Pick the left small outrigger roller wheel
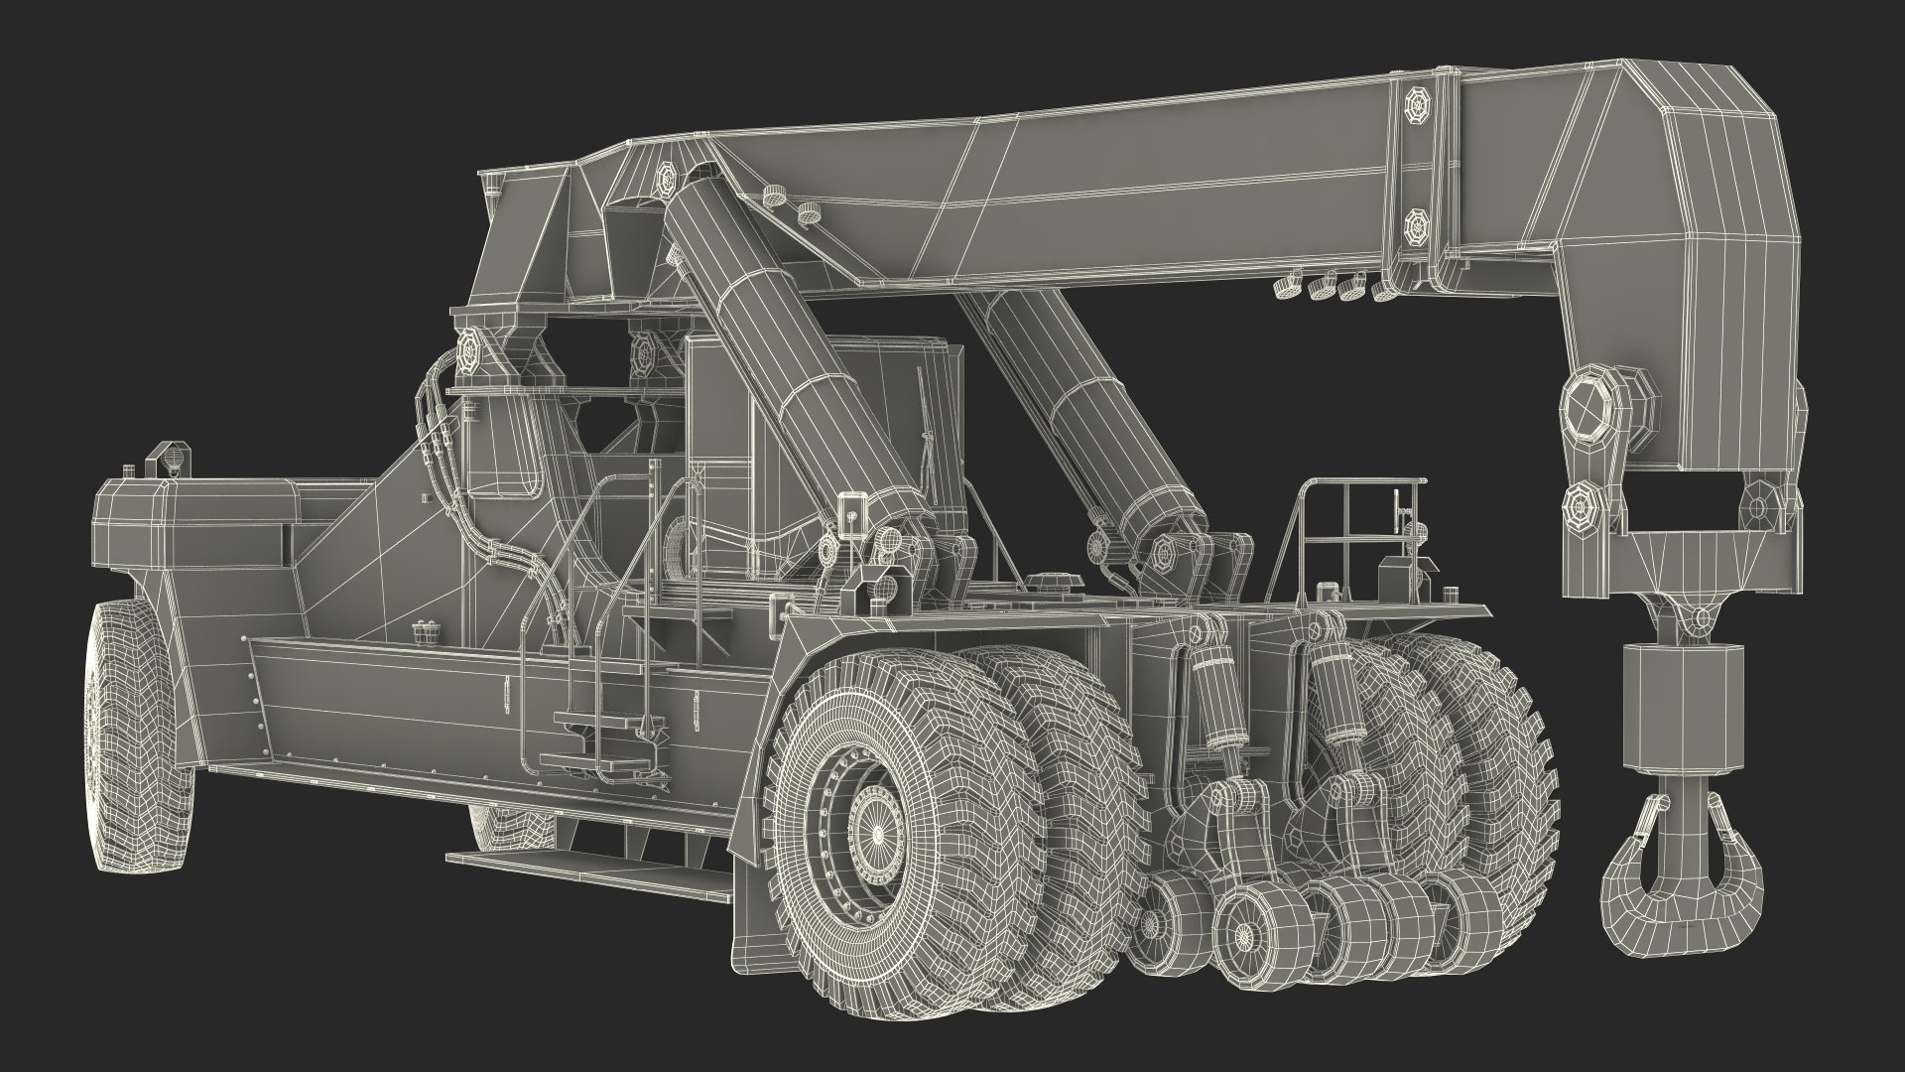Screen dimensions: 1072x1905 1171,918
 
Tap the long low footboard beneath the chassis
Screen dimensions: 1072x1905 585,862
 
